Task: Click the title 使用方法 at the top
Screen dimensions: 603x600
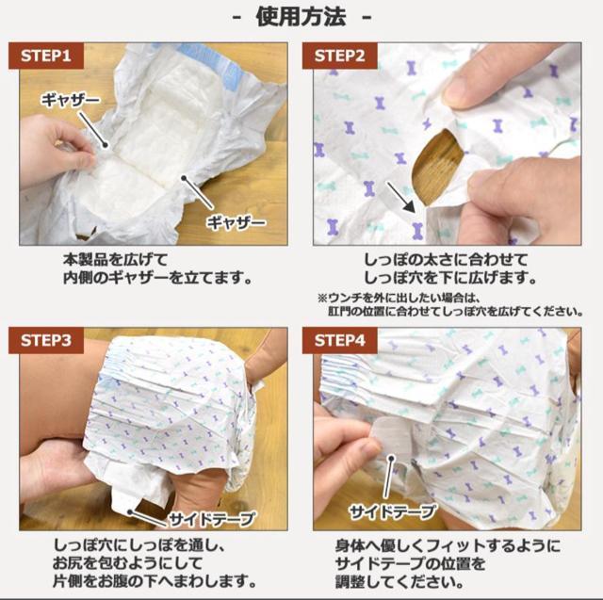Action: click(301, 17)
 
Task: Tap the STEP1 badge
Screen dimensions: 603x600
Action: click(46, 57)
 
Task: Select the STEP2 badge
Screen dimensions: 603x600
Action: click(339, 57)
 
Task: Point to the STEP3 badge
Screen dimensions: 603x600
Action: click(46, 341)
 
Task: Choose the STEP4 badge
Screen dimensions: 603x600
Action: click(339, 341)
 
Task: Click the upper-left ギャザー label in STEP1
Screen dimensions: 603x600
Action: click(71, 101)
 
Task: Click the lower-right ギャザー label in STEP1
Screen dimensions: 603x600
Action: click(236, 222)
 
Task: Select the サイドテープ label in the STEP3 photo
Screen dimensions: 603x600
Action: click(212, 519)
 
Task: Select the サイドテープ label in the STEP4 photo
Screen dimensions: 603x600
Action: click(392, 511)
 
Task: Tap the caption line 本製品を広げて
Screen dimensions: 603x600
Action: click(115, 260)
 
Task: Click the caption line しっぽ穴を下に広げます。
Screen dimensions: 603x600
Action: click(450, 278)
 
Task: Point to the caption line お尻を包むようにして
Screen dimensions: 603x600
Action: click(127, 563)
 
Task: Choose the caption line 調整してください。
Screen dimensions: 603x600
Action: click(399, 582)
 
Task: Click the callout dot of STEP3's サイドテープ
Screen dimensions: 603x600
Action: click(130, 512)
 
